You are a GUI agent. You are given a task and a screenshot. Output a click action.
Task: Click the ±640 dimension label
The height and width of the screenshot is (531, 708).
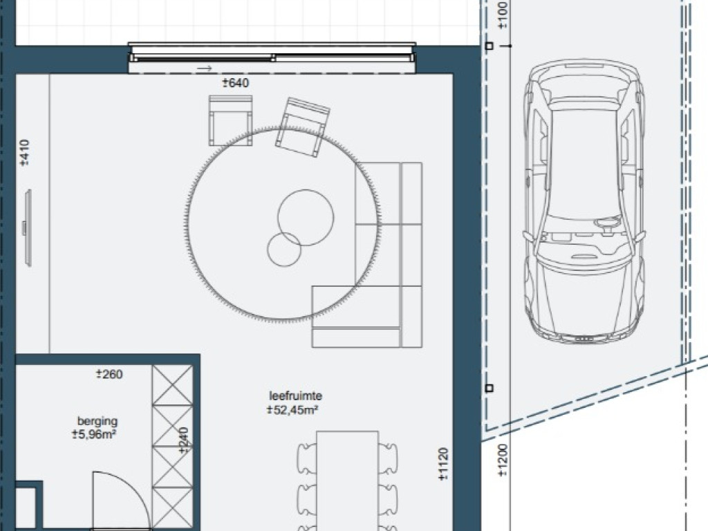[x=235, y=83]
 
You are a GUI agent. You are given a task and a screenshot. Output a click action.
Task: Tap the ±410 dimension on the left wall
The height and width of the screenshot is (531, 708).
[x=24, y=153]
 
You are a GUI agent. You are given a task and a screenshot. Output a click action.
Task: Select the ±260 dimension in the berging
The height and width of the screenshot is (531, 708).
[x=109, y=374]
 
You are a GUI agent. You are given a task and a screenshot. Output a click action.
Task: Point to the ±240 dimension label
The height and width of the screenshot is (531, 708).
[x=183, y=440]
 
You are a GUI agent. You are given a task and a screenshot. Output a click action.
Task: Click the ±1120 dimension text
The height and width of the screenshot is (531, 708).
[x=443, y=464]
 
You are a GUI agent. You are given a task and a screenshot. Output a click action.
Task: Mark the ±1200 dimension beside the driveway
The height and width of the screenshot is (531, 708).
[x=503, y=460]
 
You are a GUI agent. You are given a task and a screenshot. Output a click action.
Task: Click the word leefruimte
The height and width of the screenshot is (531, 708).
[x=296, y=396]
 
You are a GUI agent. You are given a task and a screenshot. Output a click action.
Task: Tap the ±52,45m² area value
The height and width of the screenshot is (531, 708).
[x=292, y=410]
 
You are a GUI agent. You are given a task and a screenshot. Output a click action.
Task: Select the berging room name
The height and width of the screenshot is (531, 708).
[x=97, y=421]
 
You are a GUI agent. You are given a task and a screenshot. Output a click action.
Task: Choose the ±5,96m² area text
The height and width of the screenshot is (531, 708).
[x=94, y=435]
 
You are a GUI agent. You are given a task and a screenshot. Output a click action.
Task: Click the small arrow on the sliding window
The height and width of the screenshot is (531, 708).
[x=205, y=68]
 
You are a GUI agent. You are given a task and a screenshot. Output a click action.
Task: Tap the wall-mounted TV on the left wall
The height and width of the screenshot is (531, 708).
[x=28, y=228]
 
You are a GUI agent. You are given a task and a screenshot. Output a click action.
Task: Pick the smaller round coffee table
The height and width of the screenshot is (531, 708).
[x=284, y=249]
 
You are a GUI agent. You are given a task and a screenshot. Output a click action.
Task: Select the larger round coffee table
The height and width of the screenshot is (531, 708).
[x=306, y=218]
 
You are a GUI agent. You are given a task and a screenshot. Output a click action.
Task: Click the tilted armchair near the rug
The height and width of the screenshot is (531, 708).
[x=303, y=128]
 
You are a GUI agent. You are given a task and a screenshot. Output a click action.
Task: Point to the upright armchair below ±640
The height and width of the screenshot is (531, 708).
[x=230, y=120]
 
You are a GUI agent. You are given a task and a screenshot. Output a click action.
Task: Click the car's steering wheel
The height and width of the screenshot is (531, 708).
[x=607, y=223]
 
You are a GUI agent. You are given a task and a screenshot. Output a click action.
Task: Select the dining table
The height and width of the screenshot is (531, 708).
[x=347, y=481]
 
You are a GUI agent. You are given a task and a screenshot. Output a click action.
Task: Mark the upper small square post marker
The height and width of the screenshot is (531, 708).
[x=489, y=46]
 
